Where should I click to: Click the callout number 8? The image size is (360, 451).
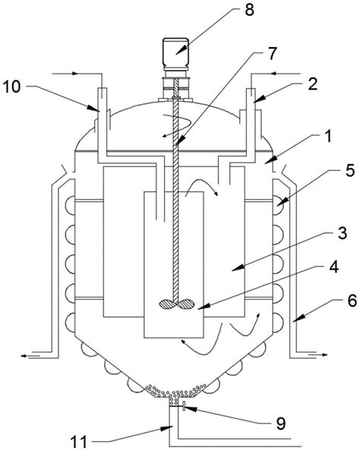click(x=250, y=10)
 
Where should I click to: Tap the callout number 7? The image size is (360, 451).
click(x=272, y=53)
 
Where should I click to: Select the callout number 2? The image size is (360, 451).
click(x=312, y=84)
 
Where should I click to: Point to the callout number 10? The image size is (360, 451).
click(x=11, y=87)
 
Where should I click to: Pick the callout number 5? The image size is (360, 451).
click(x=350, y=171)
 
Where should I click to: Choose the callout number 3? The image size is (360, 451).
click(x=343, y=233)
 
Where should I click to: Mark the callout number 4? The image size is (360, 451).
click(x=333, y=266)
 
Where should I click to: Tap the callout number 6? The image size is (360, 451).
click(x=352, y=300)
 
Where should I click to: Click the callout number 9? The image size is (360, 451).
click(x=280, y=423)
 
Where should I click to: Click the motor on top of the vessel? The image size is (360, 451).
click(x=176, y=54)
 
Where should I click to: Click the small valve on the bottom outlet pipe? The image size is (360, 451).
click(x=183, y=406)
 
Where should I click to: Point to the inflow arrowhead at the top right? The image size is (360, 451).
click(x=274, y=74)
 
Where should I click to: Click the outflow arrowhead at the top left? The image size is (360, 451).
click(x=75, y=74)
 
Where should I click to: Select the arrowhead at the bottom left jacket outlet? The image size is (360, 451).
click(x=24, y=356)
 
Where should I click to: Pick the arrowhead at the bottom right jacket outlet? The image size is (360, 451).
click(x=324, y=355)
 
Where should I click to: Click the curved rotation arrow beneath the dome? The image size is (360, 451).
click(x=176, y=125)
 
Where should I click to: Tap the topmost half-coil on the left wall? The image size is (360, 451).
click(x=70, y=205)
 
